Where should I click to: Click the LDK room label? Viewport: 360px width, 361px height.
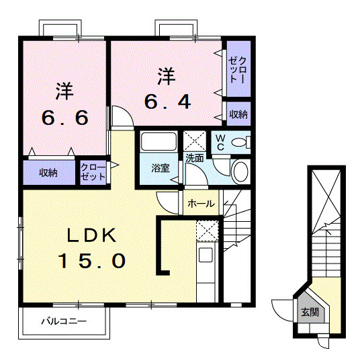92,235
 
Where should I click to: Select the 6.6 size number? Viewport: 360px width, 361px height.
64,118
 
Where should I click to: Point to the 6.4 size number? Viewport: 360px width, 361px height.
168,103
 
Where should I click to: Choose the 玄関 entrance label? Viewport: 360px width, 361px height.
310,313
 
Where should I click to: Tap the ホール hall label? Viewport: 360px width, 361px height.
201,204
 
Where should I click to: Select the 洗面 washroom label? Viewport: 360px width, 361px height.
195,159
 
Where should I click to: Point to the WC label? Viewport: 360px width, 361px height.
220,143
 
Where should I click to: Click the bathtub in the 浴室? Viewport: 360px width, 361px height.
159,143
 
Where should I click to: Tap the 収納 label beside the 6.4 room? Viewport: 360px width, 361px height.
238,114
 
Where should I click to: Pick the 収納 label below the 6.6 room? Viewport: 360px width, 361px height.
48,173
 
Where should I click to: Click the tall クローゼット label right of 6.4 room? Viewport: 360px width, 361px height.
237,68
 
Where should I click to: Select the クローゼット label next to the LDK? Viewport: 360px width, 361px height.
93,172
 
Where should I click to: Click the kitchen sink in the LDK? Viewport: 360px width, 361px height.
205,256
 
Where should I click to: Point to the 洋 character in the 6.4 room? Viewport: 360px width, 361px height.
167,75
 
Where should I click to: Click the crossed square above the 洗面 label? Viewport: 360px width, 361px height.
195,141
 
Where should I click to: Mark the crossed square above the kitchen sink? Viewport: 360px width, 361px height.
206,231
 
